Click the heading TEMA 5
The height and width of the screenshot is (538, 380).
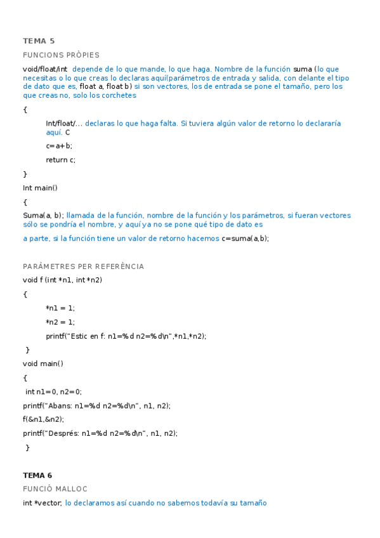(x=39, y=41)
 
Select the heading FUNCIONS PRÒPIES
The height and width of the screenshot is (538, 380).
(x=61, y=55)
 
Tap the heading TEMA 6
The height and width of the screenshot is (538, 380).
(x=37, y=475)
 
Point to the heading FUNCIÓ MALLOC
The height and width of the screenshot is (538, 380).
(x=55, y=489)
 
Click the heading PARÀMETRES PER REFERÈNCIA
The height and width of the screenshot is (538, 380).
(x=83, y=266)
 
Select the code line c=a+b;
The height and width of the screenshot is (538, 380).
(x=59, y=146)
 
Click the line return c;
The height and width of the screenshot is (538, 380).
(x=60, y=160)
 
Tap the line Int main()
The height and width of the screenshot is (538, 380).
(x=40, y=188)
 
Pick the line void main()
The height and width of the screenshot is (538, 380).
(x=43, y=364)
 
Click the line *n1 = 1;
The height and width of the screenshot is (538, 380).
(x=60, y=308)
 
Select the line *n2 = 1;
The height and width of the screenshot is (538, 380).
(x=60, y=322)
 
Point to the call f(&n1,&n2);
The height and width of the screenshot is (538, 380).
(x=43, y=419)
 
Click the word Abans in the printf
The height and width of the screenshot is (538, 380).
(x=67, y=405)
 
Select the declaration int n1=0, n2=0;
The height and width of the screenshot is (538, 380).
(x=54, y=391)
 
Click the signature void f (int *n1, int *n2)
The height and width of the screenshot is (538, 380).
(x=62, y=280)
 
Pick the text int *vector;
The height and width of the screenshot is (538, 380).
(x=43, y=503)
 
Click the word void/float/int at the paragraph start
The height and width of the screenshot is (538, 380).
(x=45, y=69)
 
